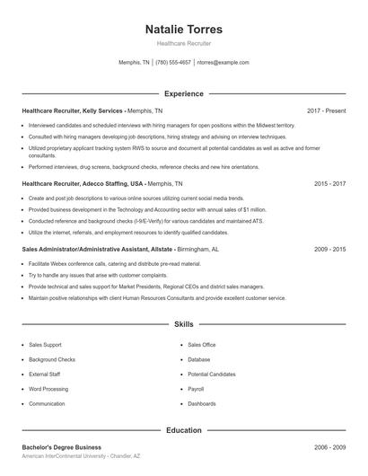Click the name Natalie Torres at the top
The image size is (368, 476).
pyautogui.click(x=184, y=29)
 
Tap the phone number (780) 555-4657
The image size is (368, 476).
pyautogui.click(x=173, y=63)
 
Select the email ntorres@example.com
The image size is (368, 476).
pyautogui.click(x=223, y=63)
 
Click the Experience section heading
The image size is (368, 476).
pyautogui.click(x=184, y=93)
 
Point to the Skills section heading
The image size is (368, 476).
pyautogui.click(x=184, y=323)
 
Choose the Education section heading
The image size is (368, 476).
pyautogui.click(x=184, y=430)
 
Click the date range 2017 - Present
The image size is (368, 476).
pyautogui.click(x=326, y=110)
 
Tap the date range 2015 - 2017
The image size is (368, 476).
pyautogui.click(x=329, y=182)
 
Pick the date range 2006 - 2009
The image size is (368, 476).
pyautogui.click(x=329, y=447)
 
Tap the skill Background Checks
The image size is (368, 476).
pyautogui.click(x=52, y=359)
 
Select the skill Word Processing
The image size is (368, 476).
pyautogui.click(x=48, y=389)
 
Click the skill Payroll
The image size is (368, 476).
pyautogui.click(x=197, y=389)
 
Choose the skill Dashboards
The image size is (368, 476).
pyautogui.click(x=202, y=404)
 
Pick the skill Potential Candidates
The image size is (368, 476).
pyautogui.click(x=212, y=374)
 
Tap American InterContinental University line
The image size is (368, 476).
pyautogui.click(x=81, y=457)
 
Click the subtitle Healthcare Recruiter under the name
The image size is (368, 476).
pyautogui.click(x=184, y=43)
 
